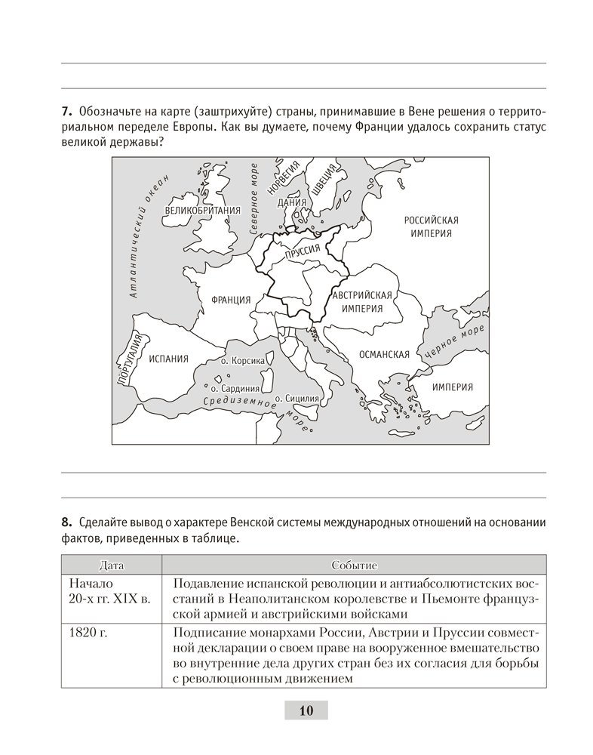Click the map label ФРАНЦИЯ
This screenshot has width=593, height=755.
[x=231, y=299]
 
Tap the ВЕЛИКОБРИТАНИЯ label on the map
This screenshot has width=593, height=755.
[x=201, y=211]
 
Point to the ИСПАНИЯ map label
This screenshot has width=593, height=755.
[x=167, y=359]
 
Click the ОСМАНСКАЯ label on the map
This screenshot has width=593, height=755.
[x=384, y=354]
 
